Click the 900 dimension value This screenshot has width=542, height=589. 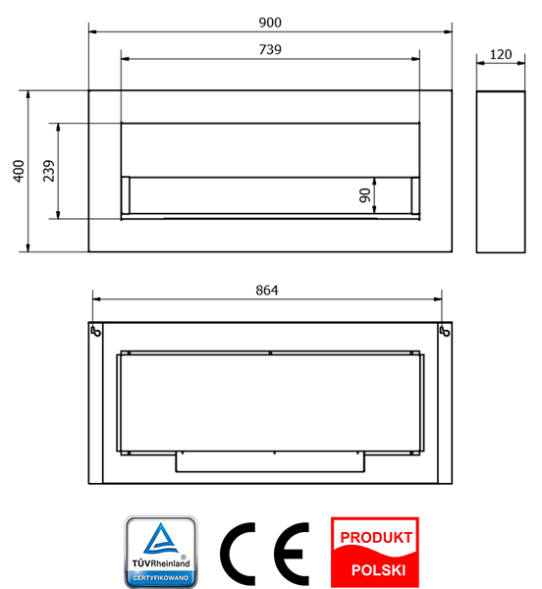tap(270, 23)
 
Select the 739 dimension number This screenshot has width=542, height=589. tap(270, 50)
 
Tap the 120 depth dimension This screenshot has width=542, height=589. tap(501, 54)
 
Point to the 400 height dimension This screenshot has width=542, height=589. tap(19, 171)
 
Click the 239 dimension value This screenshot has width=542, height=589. tap(49, 171)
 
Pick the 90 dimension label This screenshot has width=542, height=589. tap(364, 195)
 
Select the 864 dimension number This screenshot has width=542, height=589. tap(267, 291)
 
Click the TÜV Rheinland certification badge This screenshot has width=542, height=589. tap(161, 552)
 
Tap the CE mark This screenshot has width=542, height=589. tap(264, 554)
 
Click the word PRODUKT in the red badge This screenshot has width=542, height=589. tap(376, 538)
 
